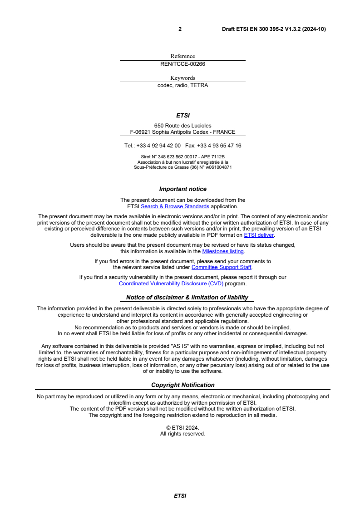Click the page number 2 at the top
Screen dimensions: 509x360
point(180,29)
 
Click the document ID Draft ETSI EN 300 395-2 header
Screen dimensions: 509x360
point(274,29)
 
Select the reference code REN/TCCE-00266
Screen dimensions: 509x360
point(182,64)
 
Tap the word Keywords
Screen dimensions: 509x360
point(182,78)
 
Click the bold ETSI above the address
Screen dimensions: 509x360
point(182,116)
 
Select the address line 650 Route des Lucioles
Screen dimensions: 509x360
point(182,126)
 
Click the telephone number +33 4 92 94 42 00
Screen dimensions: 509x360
point(158,146)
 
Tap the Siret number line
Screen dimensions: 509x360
point(182,157)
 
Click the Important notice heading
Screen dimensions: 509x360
point(182,189)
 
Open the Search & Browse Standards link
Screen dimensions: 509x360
point(175,206)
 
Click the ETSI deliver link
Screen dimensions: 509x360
point(259,235)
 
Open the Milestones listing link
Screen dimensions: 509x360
point(223,251)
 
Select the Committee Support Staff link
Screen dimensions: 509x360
point(222,267)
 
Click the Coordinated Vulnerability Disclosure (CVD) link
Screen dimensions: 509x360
point(171,284)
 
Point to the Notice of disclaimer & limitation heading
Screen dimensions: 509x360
point(187,298)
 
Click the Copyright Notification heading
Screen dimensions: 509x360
point(182,385)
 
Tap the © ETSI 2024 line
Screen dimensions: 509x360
point(182,427)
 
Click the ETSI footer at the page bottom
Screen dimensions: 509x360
point(180,496)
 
